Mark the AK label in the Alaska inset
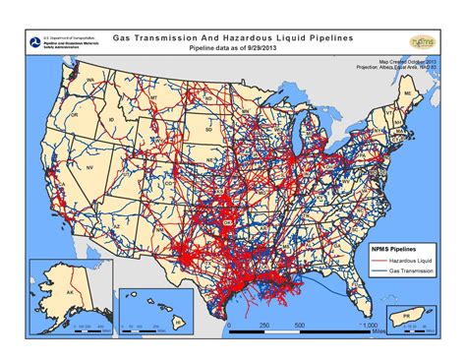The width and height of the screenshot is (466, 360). [56, 292]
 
